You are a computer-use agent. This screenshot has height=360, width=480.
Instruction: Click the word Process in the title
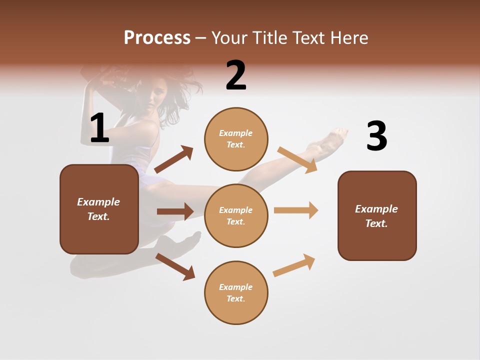pos(157,37)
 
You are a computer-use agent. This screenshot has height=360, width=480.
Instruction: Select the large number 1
pos(99,128)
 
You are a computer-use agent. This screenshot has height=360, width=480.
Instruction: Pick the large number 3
pos(376,136)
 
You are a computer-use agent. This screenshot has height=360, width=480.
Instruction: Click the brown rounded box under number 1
pos(99,209)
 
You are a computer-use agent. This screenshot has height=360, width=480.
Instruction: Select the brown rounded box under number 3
pos(377,215)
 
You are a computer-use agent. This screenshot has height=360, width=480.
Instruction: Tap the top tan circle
pos(236,139)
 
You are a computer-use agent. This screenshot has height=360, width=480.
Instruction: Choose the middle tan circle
pos(236,215)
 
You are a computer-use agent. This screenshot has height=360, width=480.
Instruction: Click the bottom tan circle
pos(236,292)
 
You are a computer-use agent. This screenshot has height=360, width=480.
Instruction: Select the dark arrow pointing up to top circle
pos(173,159)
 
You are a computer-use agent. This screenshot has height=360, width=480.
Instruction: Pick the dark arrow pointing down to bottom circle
pos(175,266)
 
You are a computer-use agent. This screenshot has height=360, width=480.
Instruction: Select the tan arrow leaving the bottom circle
pos(294,265)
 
